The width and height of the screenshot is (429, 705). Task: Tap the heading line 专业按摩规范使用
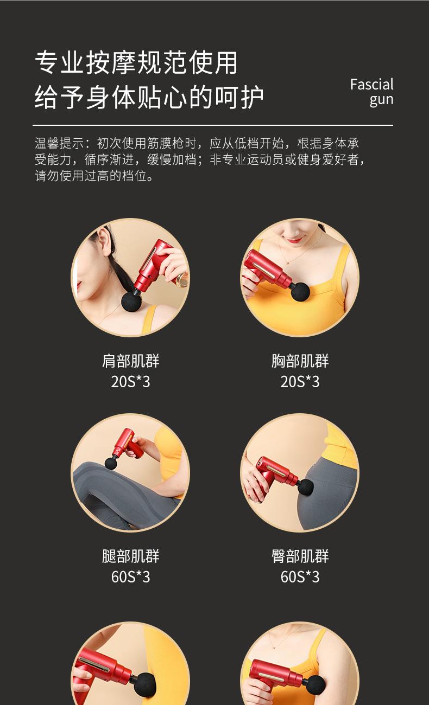136,62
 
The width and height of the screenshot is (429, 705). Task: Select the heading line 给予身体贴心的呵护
149,97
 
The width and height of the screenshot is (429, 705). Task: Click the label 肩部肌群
130,361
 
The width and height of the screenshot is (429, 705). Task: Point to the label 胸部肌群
300,361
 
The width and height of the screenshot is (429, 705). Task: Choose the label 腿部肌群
130,556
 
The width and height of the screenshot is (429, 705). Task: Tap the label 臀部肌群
300,556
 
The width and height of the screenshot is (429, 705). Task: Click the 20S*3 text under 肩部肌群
130,381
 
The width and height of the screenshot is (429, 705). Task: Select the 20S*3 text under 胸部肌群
300,381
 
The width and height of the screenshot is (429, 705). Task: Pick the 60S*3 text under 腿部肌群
130,577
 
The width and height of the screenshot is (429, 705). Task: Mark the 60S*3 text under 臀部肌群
300,577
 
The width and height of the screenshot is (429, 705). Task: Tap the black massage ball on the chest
300,292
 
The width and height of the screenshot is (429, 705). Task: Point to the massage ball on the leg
111,463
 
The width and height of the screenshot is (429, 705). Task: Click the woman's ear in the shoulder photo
104,242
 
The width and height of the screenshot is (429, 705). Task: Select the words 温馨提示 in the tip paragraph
59,143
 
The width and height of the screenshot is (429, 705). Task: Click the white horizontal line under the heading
213,125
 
